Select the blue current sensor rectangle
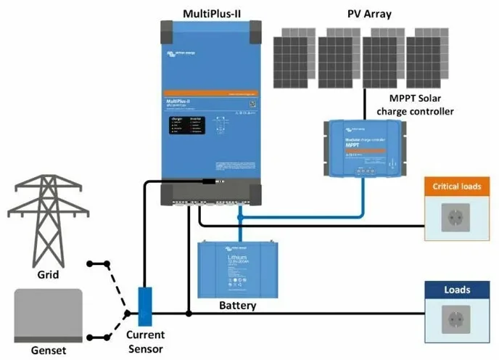145,306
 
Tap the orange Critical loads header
457,187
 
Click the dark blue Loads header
457,290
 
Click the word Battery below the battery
237,306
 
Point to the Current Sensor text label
145,341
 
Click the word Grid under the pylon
48,275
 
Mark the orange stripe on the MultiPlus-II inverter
210,94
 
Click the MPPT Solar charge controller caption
415,105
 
